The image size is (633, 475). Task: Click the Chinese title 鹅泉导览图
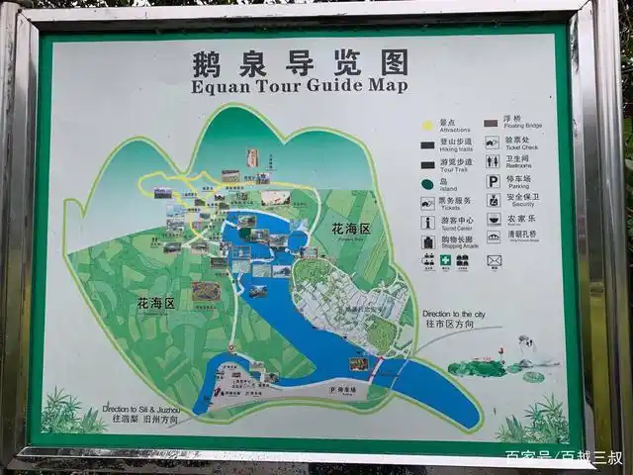click(x=300, y=63)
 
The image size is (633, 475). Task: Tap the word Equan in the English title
click(x=219, y=85)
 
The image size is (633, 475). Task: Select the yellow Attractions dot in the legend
click(x=427, y=124)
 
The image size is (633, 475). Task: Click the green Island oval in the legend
click(x=427, y=183)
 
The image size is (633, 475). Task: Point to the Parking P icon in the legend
click(x=492, y=181)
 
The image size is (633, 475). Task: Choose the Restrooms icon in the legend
click(x=492, y=161)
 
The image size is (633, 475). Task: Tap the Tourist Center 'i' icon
click(x=427, y=222)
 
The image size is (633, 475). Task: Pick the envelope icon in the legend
click(x=494, y=260)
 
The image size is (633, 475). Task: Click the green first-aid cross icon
click(x=446, y=260)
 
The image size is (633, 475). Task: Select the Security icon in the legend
click(x=492, y=200)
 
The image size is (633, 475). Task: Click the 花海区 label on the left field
click(x=155, y=303)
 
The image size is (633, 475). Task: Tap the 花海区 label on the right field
click(x=350, y=230)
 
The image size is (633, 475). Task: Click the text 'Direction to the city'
click(x=453, y=314)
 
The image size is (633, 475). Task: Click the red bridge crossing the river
click(x=375, y=369)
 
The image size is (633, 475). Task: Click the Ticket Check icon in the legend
click(x=492, y=142)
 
